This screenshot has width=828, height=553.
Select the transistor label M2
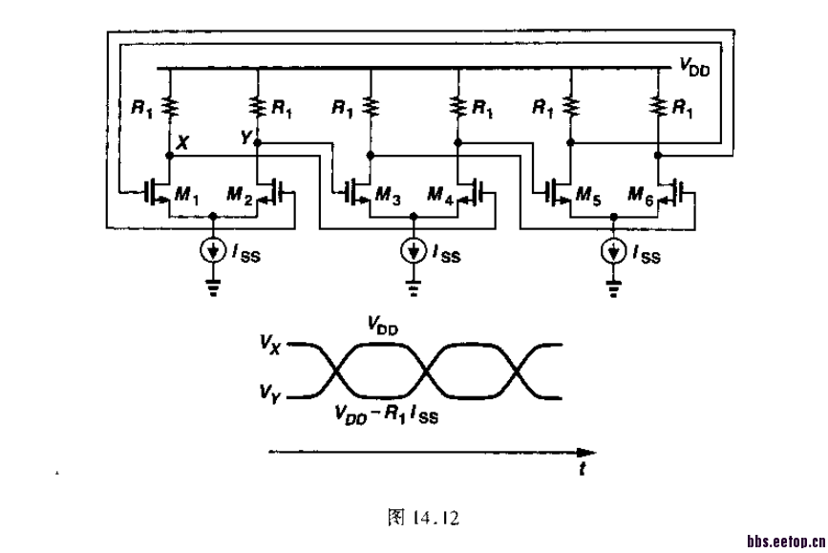click(x=238, y=198)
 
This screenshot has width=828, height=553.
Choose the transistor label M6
click(x=639, y=198)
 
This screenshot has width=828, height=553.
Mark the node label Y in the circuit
click(x=245, y=139)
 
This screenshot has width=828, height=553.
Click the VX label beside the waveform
click(x=269, y=343)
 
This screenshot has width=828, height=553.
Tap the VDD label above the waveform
click(x=382, y=326)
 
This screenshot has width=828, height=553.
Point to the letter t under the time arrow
click(x=582, y=470)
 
